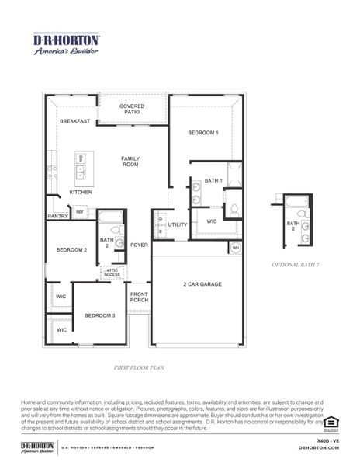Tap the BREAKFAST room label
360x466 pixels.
pyautogui.click(x=75, y=121)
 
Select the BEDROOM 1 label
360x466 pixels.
pyautogui.click(x=203, y=133)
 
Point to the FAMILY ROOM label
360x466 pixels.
pyautogui.click(x=130, y=162)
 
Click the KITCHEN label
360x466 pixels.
pyautogui.click(x=81, y=192)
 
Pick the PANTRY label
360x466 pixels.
pyautogui.click(x=57, y=217)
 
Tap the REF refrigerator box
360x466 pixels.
pyautogui.click(x=79, y=211)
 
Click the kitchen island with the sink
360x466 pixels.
pyautogui.click(x=81, y=165)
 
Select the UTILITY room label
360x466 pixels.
pyautogui.click(x=178, y=224)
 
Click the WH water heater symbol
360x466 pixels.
pyautogui.click(x=235, y=248)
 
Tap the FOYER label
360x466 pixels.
pyautogui.click(x=139, y=245)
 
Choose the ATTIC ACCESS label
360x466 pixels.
pyautogui.click(x=112, y=273)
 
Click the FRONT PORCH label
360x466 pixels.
pyautogui.click(x=139, y=297)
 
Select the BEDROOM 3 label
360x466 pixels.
pyautogui.click(x=100, y=315)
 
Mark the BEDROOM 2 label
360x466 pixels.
pyautogui.click(x=71, y=250)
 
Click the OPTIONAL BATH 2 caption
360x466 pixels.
pyautogui.click(x=296, y=265)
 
